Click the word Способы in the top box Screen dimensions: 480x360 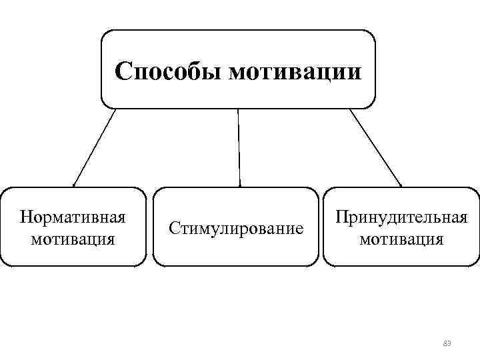point(168,71)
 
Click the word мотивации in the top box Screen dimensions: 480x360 point(295,71)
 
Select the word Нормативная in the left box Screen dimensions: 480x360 point(73,218)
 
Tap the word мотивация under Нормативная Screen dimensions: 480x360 point(73,238)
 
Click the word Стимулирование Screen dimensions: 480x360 point(236,229)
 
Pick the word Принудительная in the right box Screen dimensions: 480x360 point(401,218)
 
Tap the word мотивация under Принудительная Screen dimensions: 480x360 point(401,238)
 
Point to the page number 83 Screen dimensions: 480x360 point(447,343)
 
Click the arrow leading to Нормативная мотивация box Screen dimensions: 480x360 point(94,147)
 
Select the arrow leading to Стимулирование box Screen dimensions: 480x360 point(239,147)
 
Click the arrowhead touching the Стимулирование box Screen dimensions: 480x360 point(239,183)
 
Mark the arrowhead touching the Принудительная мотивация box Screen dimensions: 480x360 point(400,183)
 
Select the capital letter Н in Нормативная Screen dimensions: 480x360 point(26,218)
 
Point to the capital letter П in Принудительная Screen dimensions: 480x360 point(342,218)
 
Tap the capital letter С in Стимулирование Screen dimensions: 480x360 point(174,229)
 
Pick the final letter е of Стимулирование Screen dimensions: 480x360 point(299,229)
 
